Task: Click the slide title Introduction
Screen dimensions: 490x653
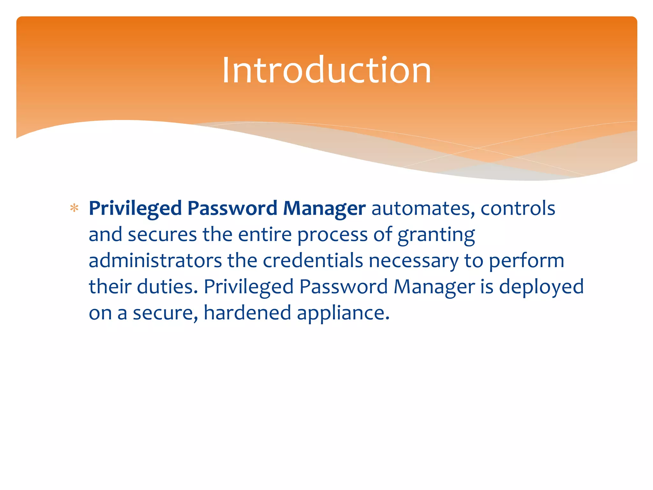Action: pyautogui.click(x=326, y=70)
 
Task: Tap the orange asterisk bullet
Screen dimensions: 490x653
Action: pyautogui.click(x=74, y=208)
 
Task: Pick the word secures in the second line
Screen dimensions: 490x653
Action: pyautogui.click(x=162, y=234)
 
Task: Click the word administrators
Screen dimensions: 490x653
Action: pyautogui.click(x=155, y=261)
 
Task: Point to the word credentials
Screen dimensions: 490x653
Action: pyautogui.click(x=312, y=261)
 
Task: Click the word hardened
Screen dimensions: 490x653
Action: pyautogui.click(x=247, y=313)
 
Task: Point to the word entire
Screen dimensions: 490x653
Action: pyautogui.click(x=265, y=234)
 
